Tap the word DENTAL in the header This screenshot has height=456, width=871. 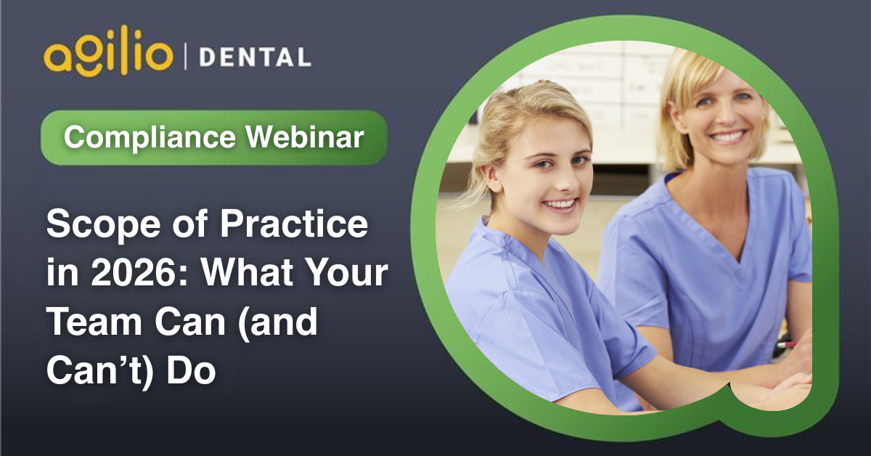coord(255,57)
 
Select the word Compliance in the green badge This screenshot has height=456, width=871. coord(150,137)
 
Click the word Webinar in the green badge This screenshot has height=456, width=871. coord(305,137)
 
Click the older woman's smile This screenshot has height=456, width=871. coord(727,137)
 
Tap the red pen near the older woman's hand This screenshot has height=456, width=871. coord(786,345)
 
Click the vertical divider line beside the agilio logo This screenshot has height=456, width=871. coord(185,57)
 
